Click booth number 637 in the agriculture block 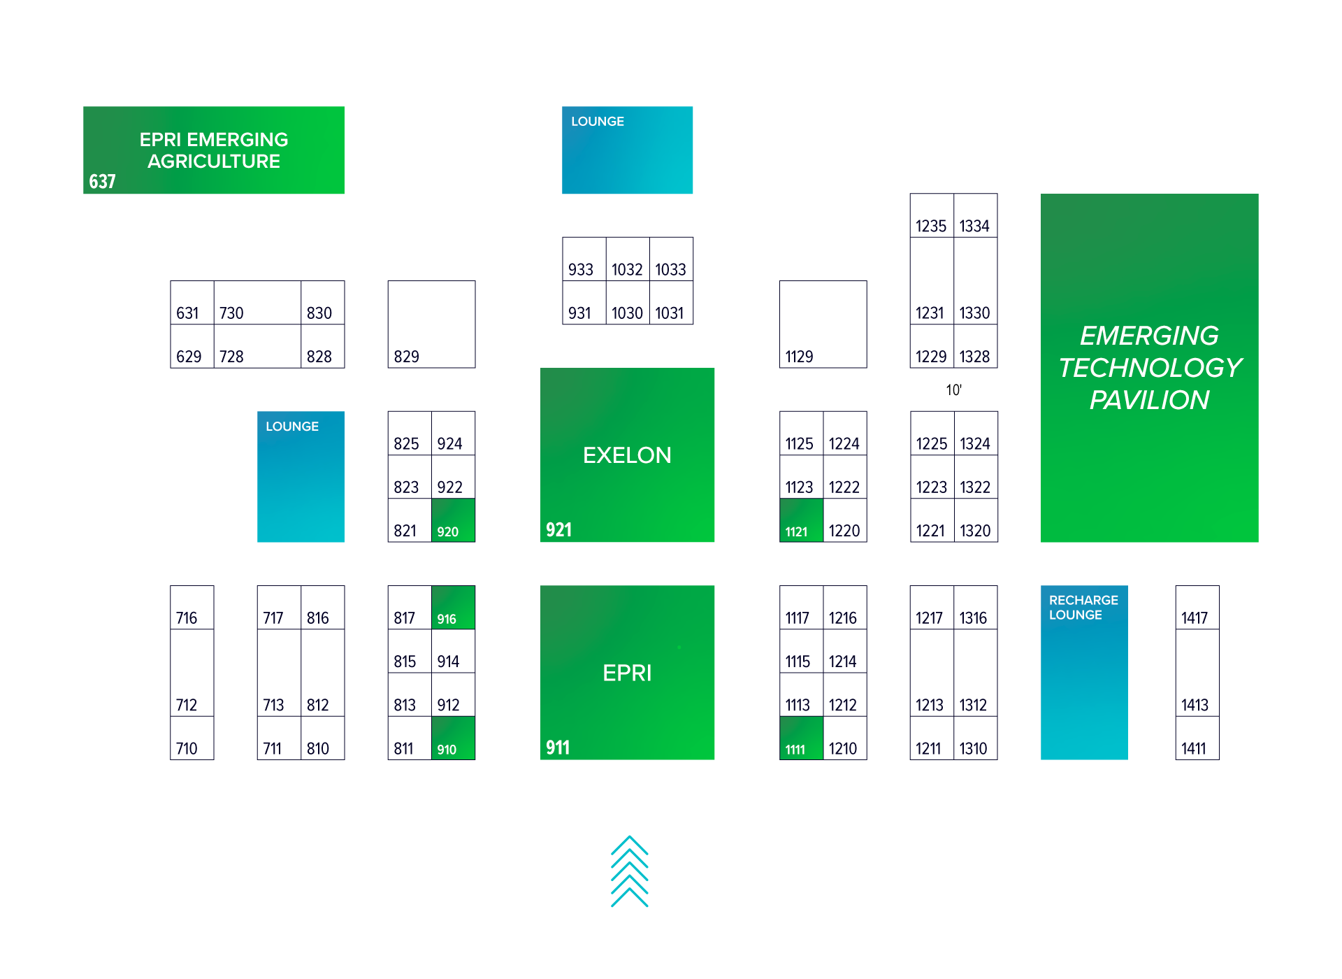[x=102, y=182]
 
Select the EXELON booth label [x=627, y=455]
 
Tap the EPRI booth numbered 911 [x=627, y=673]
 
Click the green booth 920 [x=453, y=521]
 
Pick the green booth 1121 [x=801, y=521]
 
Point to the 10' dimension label [x=953, y=390]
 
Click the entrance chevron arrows [x=629, y=871]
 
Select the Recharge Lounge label [x=1083, y=608]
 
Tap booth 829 [x=431, y=325]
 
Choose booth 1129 [x=823, y=325]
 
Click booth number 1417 [x=1197, y=608]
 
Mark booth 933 [x=584, y=259]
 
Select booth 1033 [x=671, y=259]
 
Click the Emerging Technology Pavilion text [x=1149, y=368]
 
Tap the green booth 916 [x=453, y=608]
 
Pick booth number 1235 [x=931, y=216]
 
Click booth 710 [x=192, y=739]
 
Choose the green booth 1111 [x=801, y=739]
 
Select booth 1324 [x=976, y=434]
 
